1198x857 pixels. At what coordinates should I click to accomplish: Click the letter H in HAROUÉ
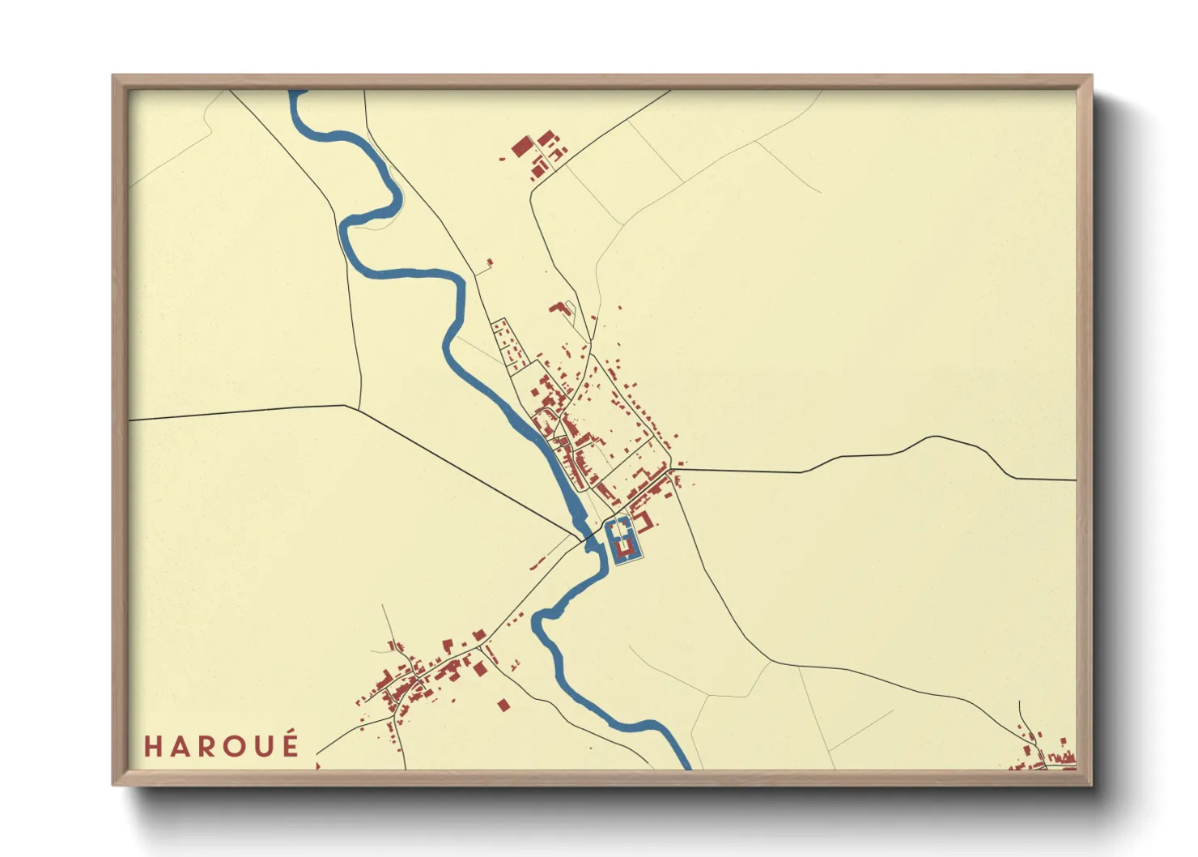click(153, 746)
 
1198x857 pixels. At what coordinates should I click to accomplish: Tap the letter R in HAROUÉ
click(209, 746)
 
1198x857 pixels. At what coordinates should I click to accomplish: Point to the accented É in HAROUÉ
click(291, 744)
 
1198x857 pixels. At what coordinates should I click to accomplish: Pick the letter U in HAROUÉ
click(263, 746)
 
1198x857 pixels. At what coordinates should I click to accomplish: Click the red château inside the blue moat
click(623, 550)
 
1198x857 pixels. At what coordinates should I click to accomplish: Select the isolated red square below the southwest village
click(503, 705)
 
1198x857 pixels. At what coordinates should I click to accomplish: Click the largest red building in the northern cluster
click(522, 147)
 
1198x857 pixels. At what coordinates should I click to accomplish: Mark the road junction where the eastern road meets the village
click(673, 468)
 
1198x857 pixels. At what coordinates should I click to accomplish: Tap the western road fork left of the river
click(346, 405)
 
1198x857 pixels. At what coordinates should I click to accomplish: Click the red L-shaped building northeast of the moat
click(644, 519)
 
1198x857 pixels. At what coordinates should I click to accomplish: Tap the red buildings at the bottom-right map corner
click(1052, 757)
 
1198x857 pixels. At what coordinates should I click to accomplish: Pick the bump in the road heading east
click(935, 438)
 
